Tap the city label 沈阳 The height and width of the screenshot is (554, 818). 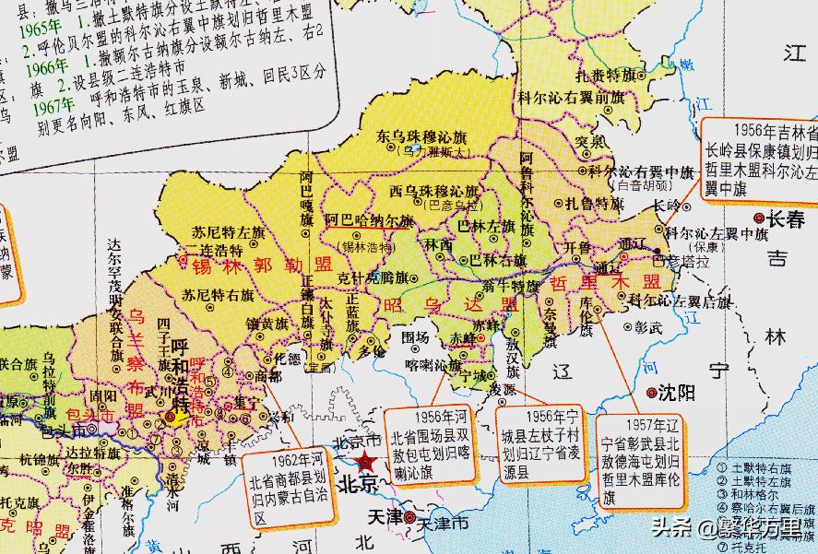pyautogui.click(x=679, y=393)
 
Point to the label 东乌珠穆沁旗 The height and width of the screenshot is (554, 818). pyautogui.click(x=421, y=136)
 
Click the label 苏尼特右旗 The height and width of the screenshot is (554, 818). pyautogui.click(x=218, y=296)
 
